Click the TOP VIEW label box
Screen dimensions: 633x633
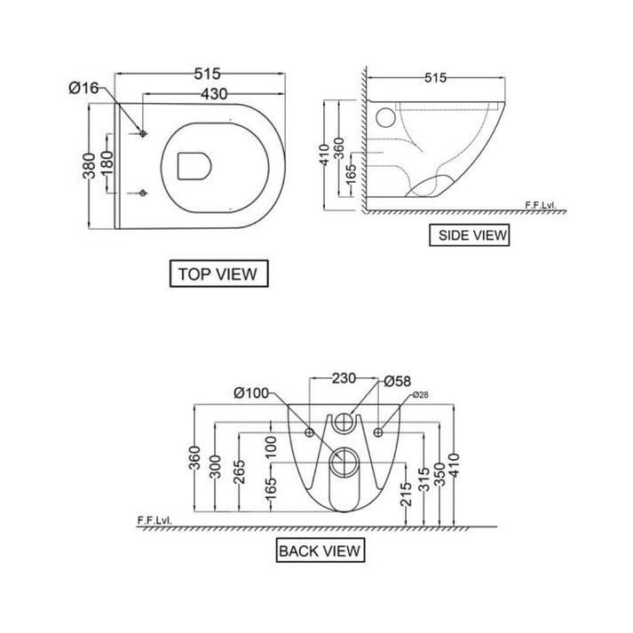218,273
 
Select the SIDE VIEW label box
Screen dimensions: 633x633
469,235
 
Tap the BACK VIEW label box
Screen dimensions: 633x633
320,551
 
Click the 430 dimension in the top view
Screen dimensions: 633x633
213,92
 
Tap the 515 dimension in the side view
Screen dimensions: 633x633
433,78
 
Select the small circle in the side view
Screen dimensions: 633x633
386,117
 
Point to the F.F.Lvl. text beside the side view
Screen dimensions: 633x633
540,205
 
